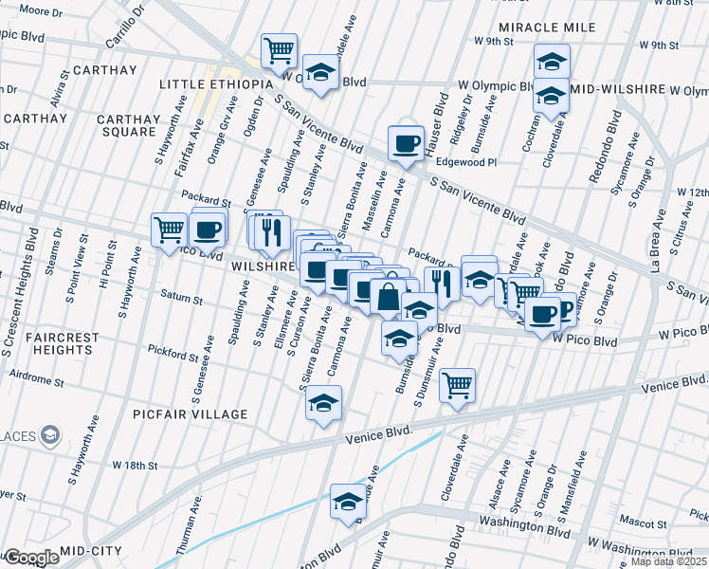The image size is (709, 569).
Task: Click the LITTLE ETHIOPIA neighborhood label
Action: click(x=216, y=84)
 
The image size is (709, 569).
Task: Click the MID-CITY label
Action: click(x=91, y=550)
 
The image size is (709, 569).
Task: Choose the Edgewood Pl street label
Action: click(x=466, y=162)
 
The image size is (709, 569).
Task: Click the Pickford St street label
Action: click(x=173, y=355)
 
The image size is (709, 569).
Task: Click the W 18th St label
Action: click(x=134, y=466)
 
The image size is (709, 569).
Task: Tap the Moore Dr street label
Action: click(x=40, y=11)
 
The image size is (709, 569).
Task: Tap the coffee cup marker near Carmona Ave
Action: click(x=406, y=143)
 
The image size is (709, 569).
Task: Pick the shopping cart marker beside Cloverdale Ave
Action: click(x=458, y=384)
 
